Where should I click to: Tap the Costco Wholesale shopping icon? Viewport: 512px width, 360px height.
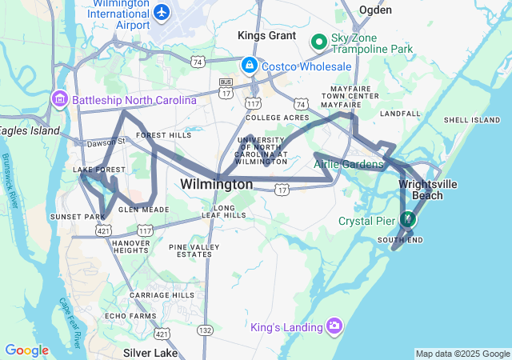[x=250, y=64]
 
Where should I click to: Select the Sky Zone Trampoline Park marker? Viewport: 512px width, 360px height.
[x=318, y=40]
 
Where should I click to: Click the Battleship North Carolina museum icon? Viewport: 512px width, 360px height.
[x=60, y=100]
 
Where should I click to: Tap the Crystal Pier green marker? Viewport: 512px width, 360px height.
[x=408, y=218]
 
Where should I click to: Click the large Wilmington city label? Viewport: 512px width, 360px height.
[x=216, y=184]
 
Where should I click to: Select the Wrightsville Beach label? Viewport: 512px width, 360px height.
[x=428, y=189]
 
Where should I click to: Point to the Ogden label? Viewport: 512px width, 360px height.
[x=375, y=10]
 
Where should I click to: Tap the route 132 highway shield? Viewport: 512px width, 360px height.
[x=205, y=330]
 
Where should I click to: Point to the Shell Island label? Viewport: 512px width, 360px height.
[x=471, y=119]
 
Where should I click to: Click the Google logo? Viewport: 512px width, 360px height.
[x=26, y=350]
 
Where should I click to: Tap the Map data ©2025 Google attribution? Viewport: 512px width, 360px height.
[x=462, y=354]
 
